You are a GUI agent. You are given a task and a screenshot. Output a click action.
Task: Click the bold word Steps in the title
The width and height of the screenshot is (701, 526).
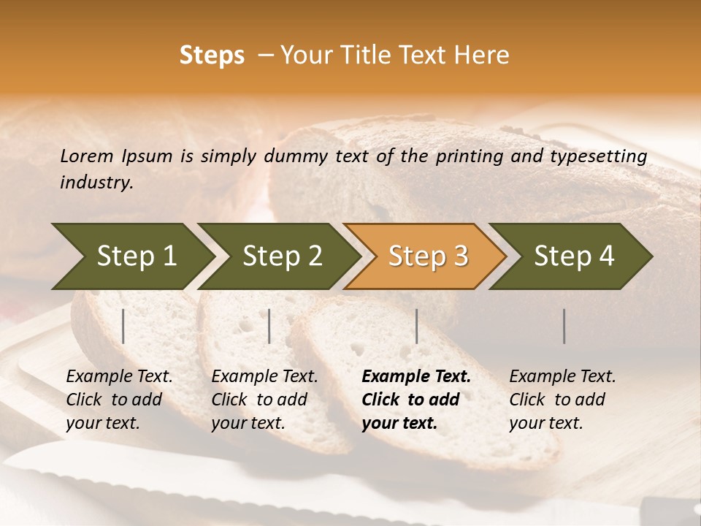point(212,56)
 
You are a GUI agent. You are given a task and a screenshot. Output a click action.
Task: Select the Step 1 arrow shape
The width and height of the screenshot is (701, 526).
point(131,256)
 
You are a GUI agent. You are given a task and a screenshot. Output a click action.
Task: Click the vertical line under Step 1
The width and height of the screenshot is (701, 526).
point(123,326)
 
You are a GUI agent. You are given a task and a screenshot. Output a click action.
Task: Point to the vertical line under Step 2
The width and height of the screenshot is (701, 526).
point(269,326)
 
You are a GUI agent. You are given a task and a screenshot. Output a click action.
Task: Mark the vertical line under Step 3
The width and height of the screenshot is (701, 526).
point(417,326)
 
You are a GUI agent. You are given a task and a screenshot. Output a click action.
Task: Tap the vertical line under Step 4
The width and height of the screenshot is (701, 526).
point(564,326)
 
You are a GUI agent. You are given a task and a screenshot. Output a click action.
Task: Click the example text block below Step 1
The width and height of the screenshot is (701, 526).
point(119,400)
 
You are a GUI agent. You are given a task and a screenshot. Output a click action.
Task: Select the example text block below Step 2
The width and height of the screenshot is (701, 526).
point(264,400)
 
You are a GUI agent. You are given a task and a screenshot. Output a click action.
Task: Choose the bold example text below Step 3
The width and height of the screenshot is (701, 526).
point(416,400)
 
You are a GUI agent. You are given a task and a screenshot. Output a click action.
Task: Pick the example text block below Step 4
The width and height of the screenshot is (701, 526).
point(562,400)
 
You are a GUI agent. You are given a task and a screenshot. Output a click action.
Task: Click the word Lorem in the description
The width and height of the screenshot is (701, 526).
point(87,156)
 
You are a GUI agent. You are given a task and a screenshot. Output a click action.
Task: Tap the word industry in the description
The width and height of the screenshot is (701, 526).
point(96,183)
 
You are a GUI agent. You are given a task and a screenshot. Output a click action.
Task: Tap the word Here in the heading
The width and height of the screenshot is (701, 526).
point(480,56)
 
